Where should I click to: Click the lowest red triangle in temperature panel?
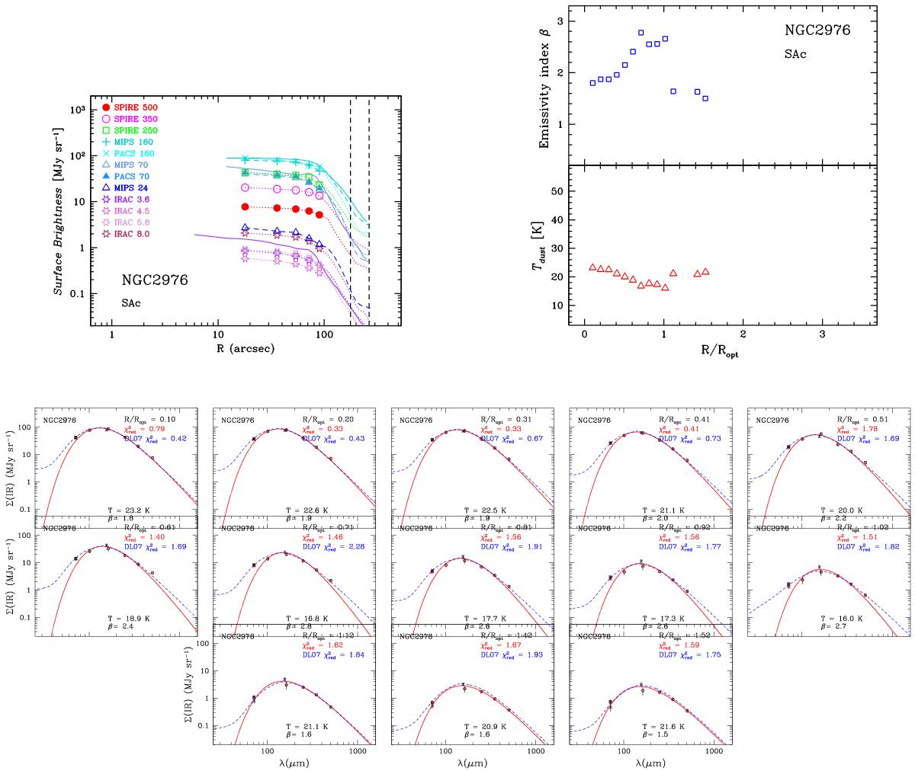(665, 287)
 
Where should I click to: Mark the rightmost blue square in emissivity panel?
(705, 98)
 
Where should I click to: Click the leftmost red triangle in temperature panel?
(592, 267)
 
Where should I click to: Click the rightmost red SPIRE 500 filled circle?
(320, 215)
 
